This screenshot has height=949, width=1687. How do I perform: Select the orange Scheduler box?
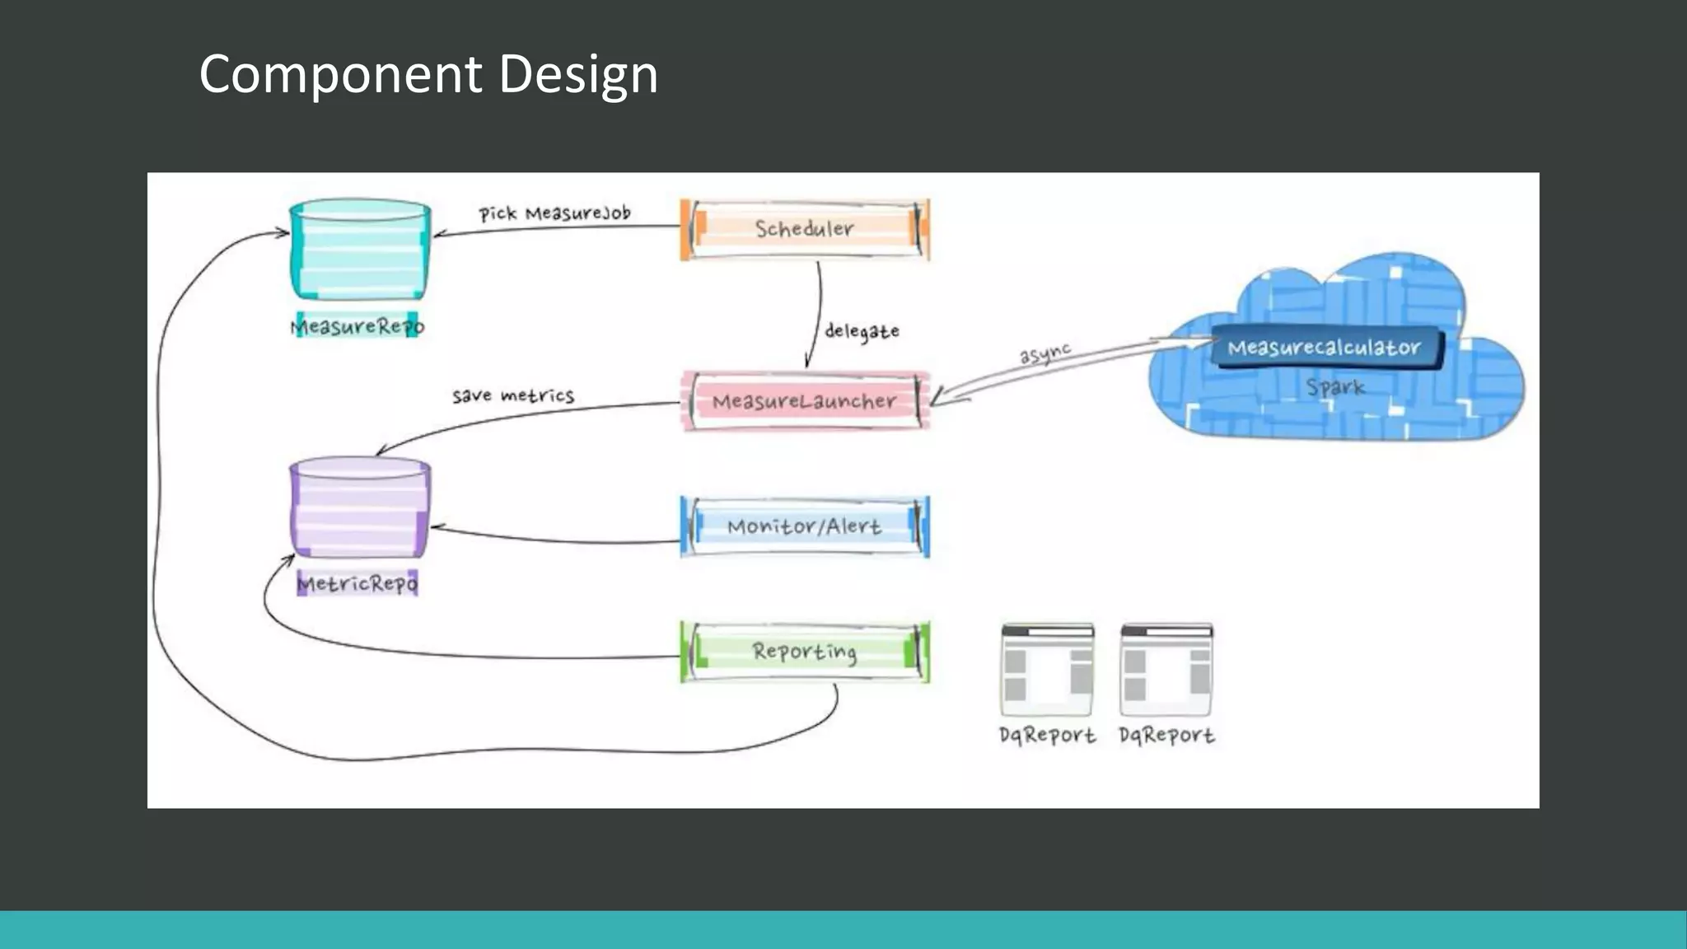tap(805, 229)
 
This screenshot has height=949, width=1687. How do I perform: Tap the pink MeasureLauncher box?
tap(805, 401)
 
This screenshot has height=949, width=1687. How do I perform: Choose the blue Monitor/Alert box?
tap(805, 526)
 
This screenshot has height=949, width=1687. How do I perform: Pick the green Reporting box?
tap(805, 652)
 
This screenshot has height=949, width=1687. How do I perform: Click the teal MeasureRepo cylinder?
tap(360, 251)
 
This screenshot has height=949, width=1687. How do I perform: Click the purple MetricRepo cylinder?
tap(360, 508)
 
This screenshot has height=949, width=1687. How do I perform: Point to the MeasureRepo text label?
tap(357, 326)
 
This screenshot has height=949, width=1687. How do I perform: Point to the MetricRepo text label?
tap(357, 583)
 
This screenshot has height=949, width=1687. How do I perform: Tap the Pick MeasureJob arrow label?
tap(554, 213)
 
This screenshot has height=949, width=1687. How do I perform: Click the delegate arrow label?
tap(862, 331)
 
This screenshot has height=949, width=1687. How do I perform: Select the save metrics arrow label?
tap(512, 395)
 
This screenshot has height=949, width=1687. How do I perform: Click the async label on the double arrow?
tap(1044, 353)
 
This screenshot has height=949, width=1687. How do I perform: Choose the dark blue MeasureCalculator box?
tap(1325, 348)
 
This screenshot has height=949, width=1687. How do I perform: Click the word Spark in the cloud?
tap(1335, 387)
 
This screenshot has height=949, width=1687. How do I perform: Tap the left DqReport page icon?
tap(1047, 669)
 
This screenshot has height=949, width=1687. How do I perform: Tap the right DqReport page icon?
tap(1166, 669)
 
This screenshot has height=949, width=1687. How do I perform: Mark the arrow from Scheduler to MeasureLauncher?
tap(818, 313)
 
